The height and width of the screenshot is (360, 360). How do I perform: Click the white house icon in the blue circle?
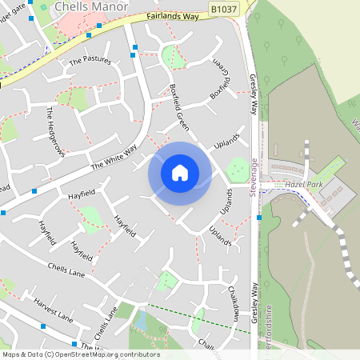(179, 172)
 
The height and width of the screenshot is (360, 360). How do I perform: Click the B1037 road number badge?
(224, 8)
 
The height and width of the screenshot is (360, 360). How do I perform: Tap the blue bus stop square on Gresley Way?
(259, 217)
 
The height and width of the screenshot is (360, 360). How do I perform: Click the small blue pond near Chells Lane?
(141, 321)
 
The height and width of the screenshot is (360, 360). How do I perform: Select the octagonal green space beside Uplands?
(237, 169)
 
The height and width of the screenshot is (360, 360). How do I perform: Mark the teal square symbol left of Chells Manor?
(43, 7)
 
